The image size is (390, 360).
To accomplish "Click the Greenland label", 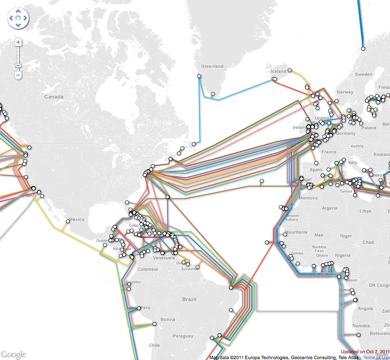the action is point(212,66).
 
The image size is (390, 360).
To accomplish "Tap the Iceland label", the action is point(278,71).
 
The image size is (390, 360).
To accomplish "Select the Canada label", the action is point(54,97).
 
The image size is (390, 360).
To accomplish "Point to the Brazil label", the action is point(189,299).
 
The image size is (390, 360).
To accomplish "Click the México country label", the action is point(77,219).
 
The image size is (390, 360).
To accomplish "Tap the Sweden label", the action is point(363,74).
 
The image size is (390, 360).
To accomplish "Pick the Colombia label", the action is point(147,269).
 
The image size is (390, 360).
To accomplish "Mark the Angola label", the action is point(365,309).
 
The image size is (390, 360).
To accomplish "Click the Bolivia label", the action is point(167,319).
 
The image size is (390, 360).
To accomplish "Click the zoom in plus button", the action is point(18,42).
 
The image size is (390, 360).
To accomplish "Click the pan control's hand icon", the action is point(18,18).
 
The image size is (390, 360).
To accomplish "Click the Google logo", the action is point(13,354).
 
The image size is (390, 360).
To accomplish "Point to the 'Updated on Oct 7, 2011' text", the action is point(365,352).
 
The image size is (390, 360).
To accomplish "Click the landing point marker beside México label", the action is point(68,221).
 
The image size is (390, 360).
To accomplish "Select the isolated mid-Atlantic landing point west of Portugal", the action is point(262,181).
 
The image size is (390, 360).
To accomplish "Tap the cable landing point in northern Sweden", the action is point(363,49).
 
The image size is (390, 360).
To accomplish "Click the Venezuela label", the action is point(164,257).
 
